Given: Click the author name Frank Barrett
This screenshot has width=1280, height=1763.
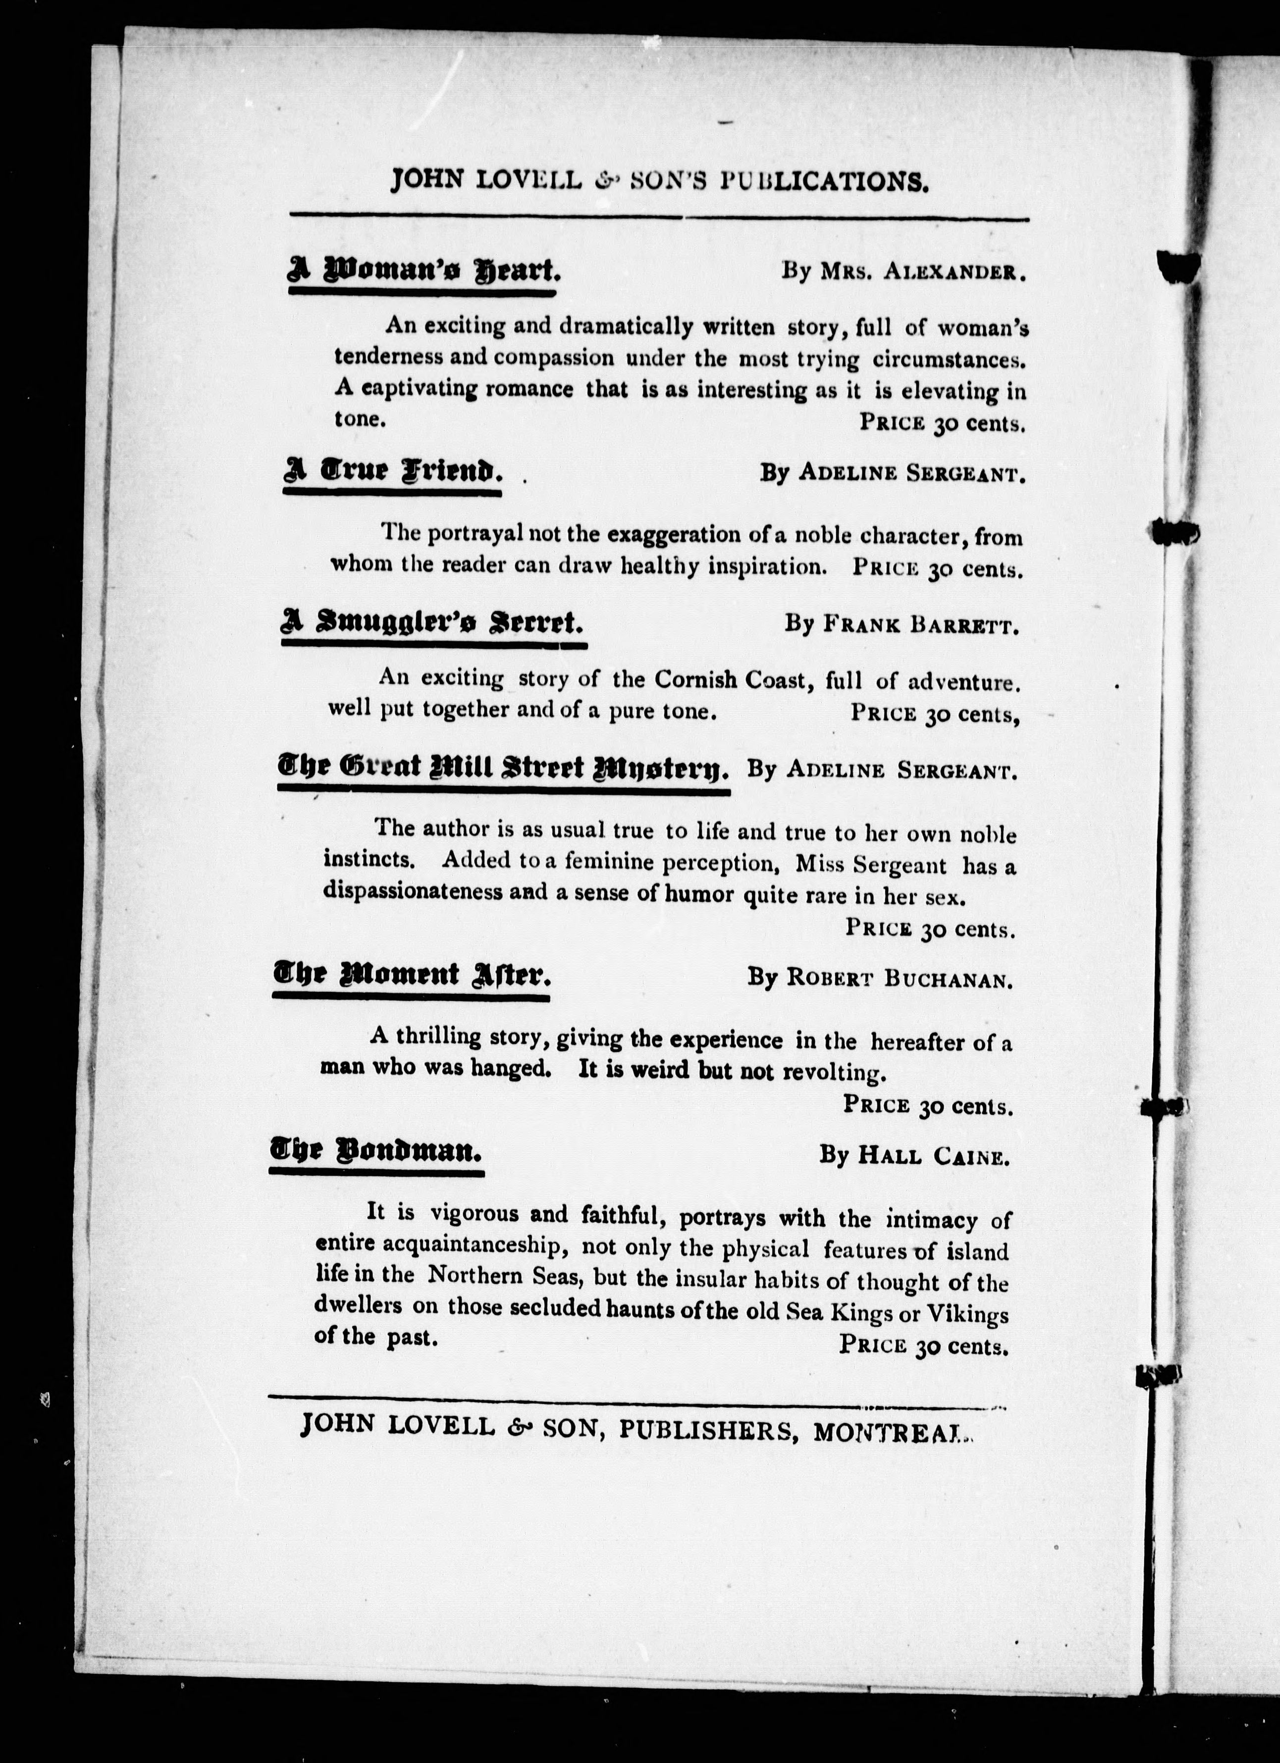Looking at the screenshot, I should click(x=920, y=624).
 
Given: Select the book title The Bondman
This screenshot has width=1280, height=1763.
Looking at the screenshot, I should click(x=375, y=1151).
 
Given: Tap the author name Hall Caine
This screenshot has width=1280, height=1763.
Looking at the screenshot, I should click(x=933, y=1156).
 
